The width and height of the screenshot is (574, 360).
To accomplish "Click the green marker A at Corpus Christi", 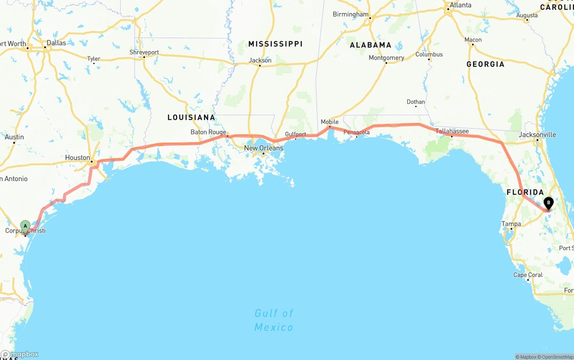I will [26, 226].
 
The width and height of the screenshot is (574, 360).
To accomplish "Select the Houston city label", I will [78, 157].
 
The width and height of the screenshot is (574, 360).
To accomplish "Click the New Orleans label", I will [264, 148].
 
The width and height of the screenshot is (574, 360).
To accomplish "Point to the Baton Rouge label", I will [208, 132].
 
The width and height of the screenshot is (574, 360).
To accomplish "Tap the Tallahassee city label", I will [452, 131].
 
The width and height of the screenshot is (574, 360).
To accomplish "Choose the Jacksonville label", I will [537, 134].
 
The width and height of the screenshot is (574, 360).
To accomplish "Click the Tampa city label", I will [511, 224].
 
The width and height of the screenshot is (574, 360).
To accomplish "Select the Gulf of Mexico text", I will [274, 320].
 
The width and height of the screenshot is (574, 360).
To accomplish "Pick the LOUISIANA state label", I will [191, 117].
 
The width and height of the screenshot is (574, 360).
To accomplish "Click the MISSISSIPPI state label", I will [275, 44].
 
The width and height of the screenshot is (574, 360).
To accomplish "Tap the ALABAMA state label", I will [370, 45].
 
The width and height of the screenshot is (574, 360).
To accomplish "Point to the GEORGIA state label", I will [485, 64].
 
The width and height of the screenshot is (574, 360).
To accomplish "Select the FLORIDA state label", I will [525, 192].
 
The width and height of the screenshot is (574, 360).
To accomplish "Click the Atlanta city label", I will [461, 5].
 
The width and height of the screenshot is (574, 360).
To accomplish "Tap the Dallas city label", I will [56, 43].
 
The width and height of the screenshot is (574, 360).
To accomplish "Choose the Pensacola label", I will [357, 132].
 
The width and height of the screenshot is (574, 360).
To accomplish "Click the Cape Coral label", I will [528, 275].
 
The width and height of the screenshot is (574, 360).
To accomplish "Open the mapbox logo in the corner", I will [20, 354].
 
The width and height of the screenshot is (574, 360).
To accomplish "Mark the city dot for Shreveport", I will [144, 57].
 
